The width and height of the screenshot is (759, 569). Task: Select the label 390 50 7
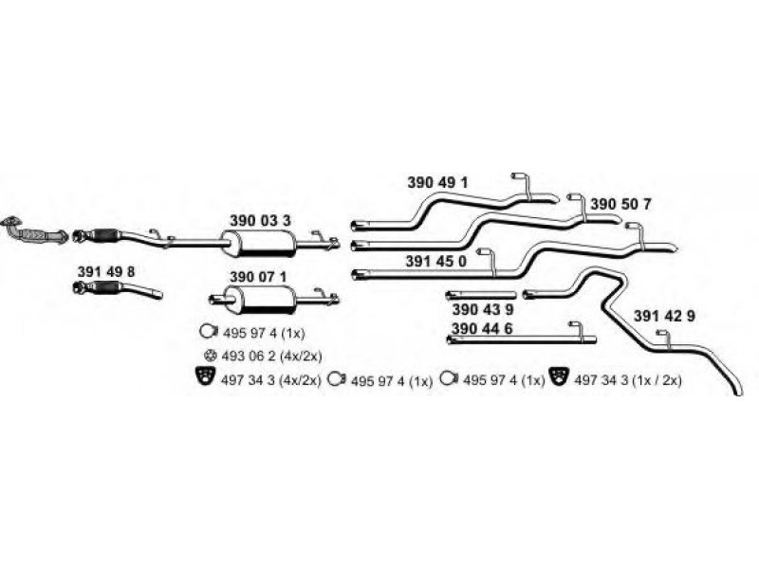click(620, 204)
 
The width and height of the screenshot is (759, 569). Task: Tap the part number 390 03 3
click(260, 220)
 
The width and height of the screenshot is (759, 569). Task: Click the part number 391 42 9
click(665, 316)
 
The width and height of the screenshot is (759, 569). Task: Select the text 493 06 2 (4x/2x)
click(269, 355)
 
